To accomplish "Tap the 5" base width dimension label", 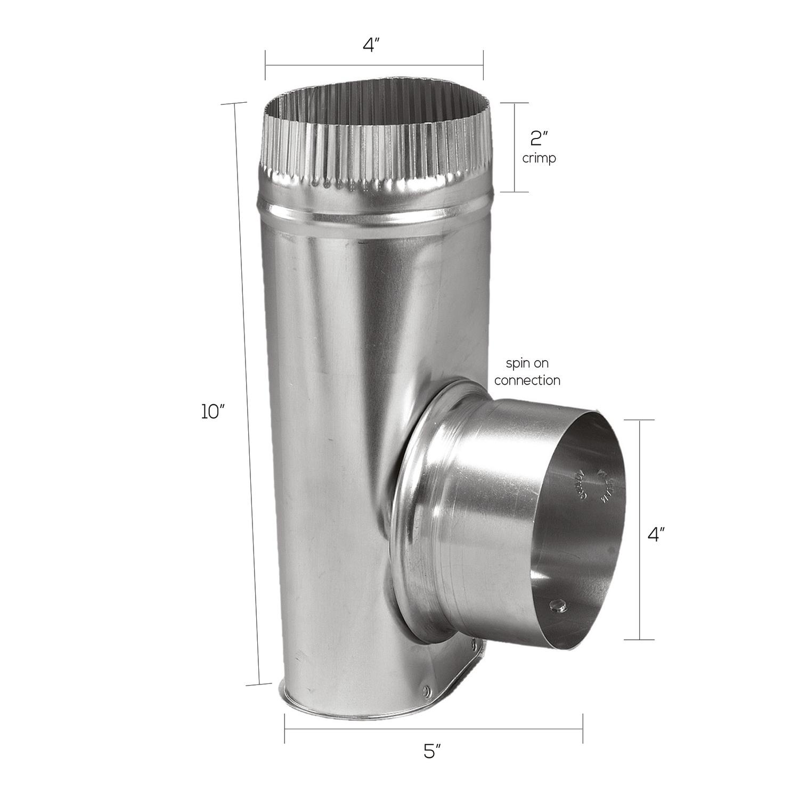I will pyautogui.click(x=432, y=752).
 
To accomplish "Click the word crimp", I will pyautogui.click(x=539, y=158).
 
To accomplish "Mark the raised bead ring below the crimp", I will pyautogui.click(x=373, y=213).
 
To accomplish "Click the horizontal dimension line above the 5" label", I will pyautogui.click(x=433, y=728).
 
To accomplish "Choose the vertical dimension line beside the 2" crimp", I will pyautogui.click(x=515, y=147).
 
